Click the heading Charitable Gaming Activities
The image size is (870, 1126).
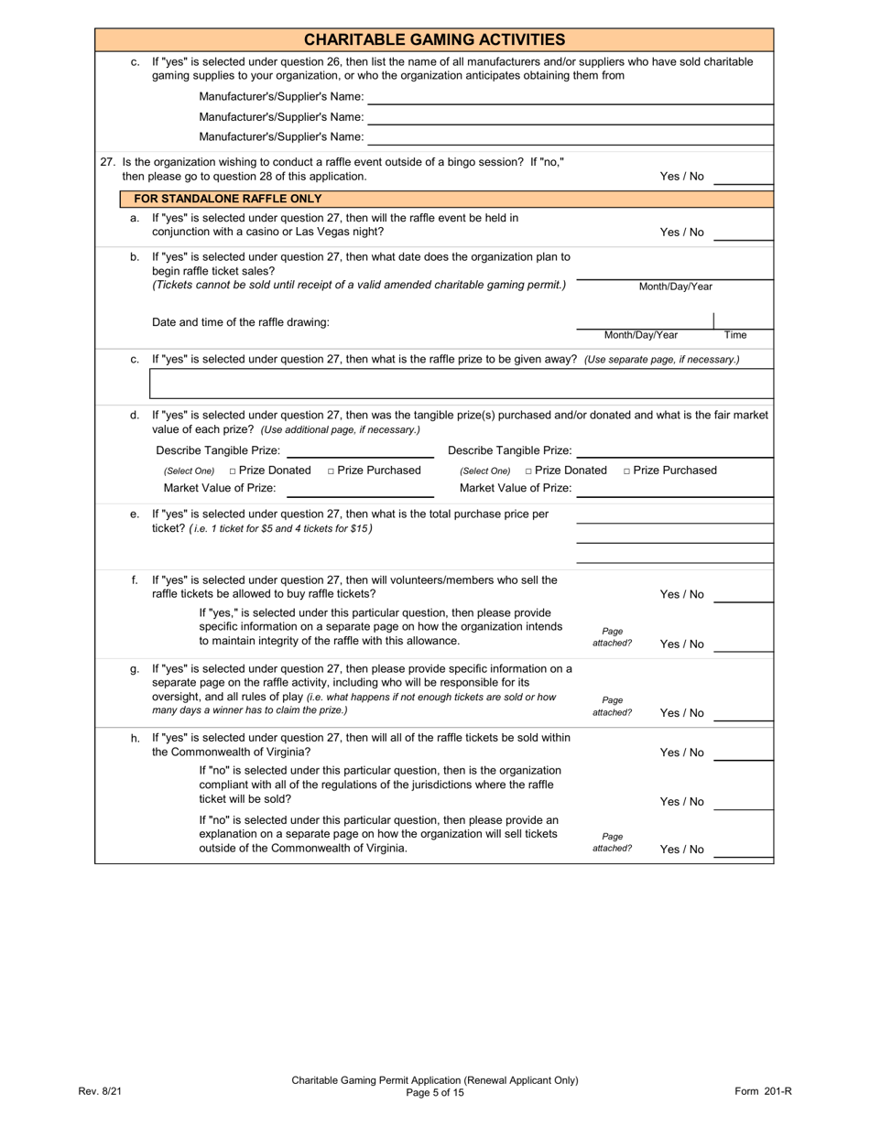pyautogui.click(x=434, y=39)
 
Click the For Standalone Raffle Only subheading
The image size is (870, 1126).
pyautogui.click(x=227, y=199)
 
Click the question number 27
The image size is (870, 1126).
pyautogui.click(x=108, y=162)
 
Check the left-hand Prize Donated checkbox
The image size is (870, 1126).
pyautogui.click(x=234, y=471)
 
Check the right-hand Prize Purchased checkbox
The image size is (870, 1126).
pyautogui.click(x=627, y=471)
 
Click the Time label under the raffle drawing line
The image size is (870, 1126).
pyautogui.click(x=735, y=335)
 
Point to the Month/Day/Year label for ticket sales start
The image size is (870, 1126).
pyautogui.click(x=675, y=287)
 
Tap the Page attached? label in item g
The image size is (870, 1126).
pyautogui.click(x=612, y=706)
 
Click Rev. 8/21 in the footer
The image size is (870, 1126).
pyautogui.click(x=100, y=1091)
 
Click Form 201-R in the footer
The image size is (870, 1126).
pyautogui.click(x=762, y=1091)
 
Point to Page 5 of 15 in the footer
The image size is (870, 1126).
pyautogui.click(x=434, y=1092)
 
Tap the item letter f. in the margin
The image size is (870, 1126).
pyautogui.click(x=135, y=579)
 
